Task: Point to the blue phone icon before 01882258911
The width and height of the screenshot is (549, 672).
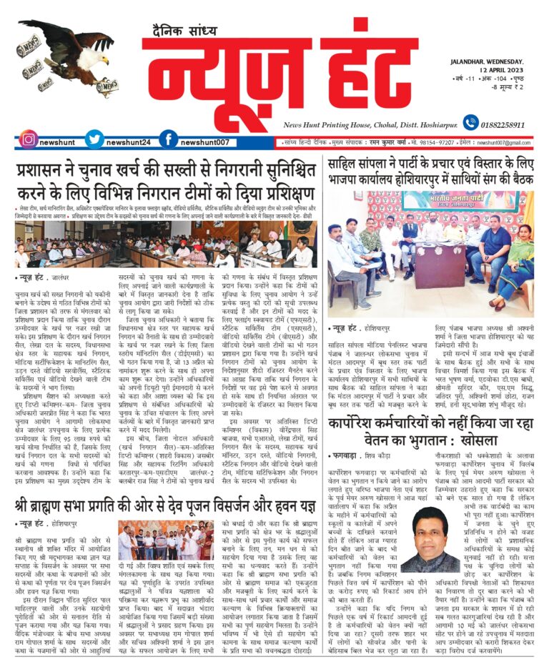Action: (470, 123)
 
